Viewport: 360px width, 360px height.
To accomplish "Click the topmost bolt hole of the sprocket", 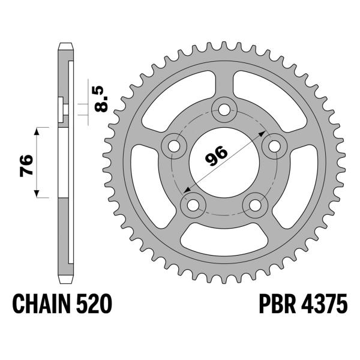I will [x=225, y=109].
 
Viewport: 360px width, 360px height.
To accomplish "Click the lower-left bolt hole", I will [x=193, y=205].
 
